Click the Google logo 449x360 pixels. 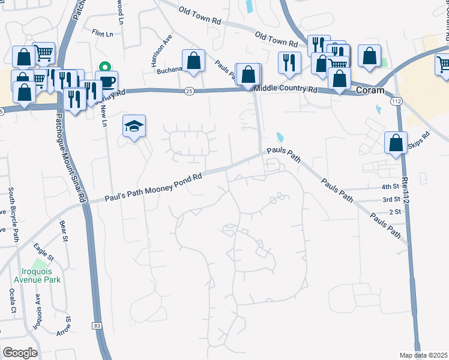20,353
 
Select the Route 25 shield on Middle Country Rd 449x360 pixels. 190,91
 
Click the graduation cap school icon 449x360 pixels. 134,127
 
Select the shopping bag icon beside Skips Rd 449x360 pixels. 396,143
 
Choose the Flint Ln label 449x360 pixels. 102,34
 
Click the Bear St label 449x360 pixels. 63,232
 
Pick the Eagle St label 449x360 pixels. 44,252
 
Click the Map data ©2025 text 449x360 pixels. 424,355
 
